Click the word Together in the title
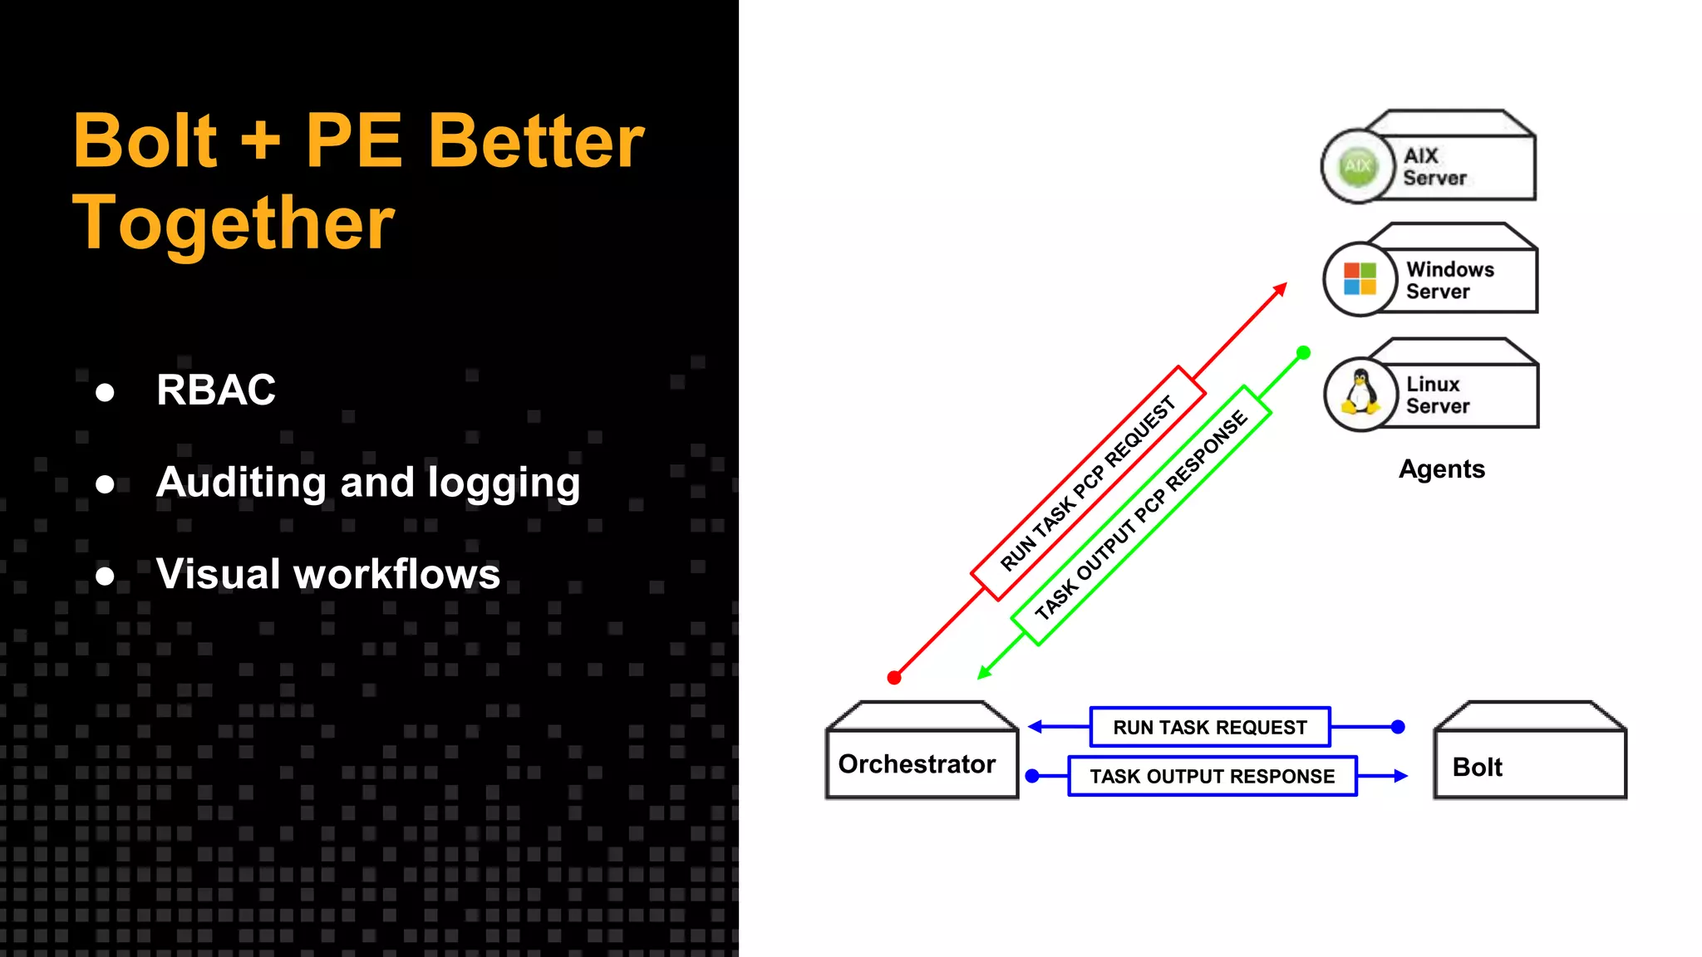[x=234, y=223]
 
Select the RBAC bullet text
[x=216, y=390]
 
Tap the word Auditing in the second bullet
[x=242, y=482]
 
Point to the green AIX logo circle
[x=1358, y=166]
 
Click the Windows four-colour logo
[x=1360, y=279]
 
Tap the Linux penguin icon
[x=1360, y=393]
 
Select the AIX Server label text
[x=1434, y=167]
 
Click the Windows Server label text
[x=1449, y=280]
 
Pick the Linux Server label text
[x=1437, y=395]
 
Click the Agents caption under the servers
[x=1441, y=469]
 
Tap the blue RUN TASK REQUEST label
[x=1210, y=728]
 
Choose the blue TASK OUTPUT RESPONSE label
[x=1213, y=776]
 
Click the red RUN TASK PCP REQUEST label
[x=1088, y=483]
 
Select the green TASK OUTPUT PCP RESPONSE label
[x=1141, y=515]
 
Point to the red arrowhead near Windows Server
[x=1281, y=289]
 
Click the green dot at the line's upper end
[x=1304, y=352]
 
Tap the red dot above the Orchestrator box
[x=894, y=678]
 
